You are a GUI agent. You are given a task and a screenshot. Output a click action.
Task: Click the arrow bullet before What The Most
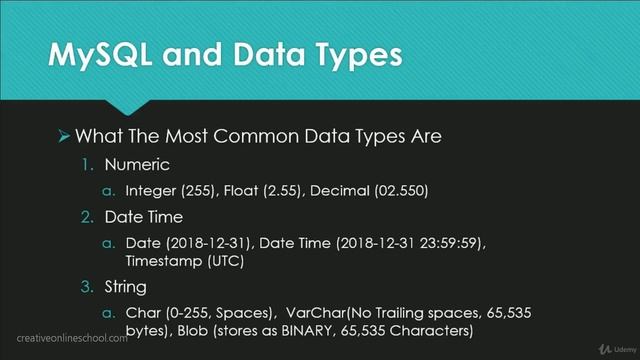(63, 134)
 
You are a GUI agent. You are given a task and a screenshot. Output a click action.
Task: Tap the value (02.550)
(406, 190)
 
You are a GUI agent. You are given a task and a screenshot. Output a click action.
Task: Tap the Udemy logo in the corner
(606, 348)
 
